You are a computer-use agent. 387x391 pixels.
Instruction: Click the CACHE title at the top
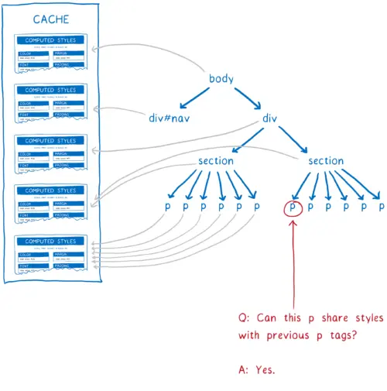[x=51, y=19]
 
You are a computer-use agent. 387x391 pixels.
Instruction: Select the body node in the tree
[x=221, y=79]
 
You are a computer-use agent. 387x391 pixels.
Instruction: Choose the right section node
[x=326, y=161]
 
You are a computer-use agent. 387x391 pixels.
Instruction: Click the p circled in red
[x=293, y=208]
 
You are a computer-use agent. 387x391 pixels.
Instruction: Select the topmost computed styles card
[x=51, y=50]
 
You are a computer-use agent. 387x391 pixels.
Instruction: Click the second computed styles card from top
[x=51, y=101]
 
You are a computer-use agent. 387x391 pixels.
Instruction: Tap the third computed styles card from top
[x=51, y=151]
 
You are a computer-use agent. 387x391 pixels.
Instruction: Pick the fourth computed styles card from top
[x=51, y=201]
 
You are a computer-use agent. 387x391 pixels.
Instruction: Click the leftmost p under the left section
[x=166, y=208]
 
